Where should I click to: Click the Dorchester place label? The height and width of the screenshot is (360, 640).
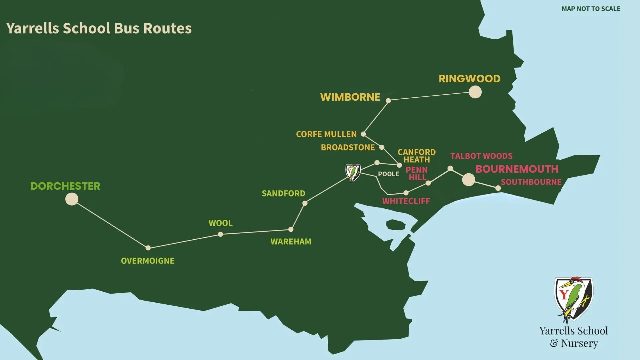pos(65,186)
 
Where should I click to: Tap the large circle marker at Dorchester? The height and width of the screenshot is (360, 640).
pos(72,199)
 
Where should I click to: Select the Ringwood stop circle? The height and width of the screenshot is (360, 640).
pos(475,92)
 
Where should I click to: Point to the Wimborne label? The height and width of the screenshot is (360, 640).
pos(350,97)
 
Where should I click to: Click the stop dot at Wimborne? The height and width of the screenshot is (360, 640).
pos(388,100)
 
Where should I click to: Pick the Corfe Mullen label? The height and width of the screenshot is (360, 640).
pos(326,134)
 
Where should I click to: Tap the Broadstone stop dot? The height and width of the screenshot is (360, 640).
pos(382,147)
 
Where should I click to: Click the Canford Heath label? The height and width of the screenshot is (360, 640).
pos(417,156)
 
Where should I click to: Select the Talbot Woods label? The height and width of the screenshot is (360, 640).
pos(481,156)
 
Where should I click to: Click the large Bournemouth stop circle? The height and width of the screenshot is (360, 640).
pos(468,180)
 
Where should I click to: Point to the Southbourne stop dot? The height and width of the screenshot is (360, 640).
pos(498,188)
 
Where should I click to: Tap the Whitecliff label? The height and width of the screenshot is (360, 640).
pos(406,201)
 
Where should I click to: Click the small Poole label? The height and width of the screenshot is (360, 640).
pos(388,174)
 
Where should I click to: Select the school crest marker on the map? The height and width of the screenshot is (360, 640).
pos(353,172)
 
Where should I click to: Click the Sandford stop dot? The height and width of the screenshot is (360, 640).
pos(305,203)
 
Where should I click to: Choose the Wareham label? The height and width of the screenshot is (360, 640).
pos(291,242)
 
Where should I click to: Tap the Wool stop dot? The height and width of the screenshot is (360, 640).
pos(220,234)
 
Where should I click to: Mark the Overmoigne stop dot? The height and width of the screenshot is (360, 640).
pos(148,248)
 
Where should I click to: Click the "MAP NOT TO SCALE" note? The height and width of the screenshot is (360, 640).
pos(591,9)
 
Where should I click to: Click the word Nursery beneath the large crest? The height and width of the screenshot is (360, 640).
pos(579,343)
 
